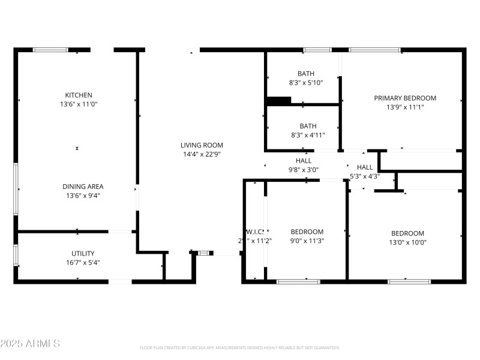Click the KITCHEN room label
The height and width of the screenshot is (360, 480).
click(79, 95)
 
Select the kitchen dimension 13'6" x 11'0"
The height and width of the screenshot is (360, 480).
click(79, 104)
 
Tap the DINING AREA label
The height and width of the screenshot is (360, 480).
click(79, 187)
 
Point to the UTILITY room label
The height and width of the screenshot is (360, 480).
click(82, 253)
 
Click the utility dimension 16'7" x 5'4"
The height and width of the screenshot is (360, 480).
click(82, 262)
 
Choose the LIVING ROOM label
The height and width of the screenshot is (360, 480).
click(202, 145)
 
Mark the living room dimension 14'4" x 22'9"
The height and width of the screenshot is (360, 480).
click(202, 154)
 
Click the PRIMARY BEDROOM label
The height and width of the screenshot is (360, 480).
click(405, 98)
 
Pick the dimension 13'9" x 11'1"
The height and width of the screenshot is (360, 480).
click(405, 107)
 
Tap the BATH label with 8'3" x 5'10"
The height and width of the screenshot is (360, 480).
click(306, 74)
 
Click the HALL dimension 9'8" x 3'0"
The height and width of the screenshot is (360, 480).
click(303, 170)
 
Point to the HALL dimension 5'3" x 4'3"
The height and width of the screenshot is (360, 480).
click(364, 176)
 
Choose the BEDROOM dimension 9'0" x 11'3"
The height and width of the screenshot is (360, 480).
click(307, 241)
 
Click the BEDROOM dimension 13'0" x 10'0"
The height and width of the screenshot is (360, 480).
click(407, 243)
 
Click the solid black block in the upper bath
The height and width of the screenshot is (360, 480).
click(278, 101)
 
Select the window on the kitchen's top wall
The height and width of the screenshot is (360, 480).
click(50, 50)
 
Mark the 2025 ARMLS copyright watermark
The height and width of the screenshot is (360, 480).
click(30, 344)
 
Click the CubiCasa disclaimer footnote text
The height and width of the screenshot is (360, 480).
click(240, 347)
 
